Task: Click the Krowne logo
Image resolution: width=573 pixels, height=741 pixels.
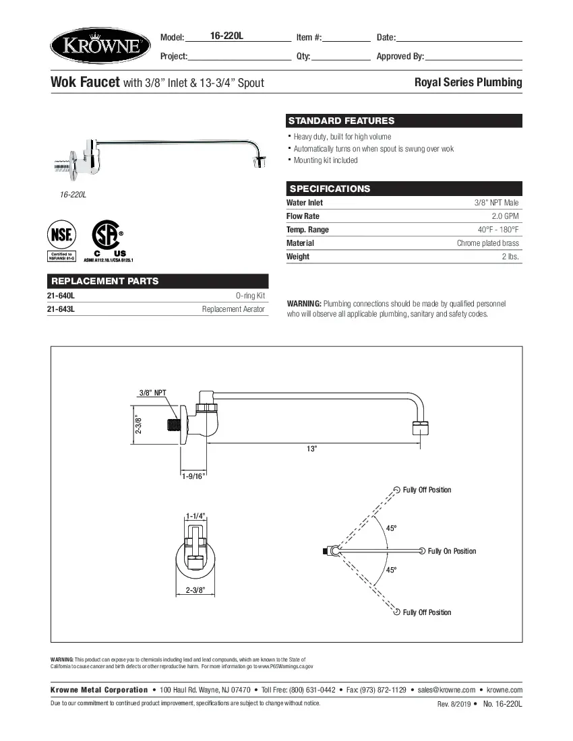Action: pyautogui.click(x=100, y=46)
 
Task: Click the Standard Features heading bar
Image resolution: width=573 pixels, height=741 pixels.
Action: pyautogui.click(x=404, y=121)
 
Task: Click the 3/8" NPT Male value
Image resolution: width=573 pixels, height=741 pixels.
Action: pyautogui.click(x=496, y=203)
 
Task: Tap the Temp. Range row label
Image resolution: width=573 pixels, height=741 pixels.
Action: pyautogui.click(x=307, y=230)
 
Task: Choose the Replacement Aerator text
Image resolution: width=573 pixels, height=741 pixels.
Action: pyautogui.click(x=233, y=309)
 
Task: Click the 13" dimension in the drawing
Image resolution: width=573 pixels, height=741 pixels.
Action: pyautogui.click(x=311, y=449)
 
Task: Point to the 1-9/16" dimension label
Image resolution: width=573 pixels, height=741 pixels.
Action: pyautogui.click(x=193, y=476)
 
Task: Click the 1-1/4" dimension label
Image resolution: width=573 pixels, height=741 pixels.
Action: pyautogui.click(x=195, y=516)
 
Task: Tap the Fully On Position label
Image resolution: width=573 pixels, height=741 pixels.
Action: pyautogui.click(x=452, y=551)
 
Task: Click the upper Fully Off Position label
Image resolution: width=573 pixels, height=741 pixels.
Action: pyautogui.click(x=427, y=490)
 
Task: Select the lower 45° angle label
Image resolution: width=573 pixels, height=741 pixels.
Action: pyautogui.click(x=391, y=570)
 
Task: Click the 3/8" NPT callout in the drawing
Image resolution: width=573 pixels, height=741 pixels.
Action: pyautogui.click(x=153, y=393)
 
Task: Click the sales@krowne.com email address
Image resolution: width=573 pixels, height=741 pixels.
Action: pyautogui.click(x=446, y=690)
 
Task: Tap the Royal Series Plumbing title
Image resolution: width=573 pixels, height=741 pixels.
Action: pyautogui.click(x=468, y=82)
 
